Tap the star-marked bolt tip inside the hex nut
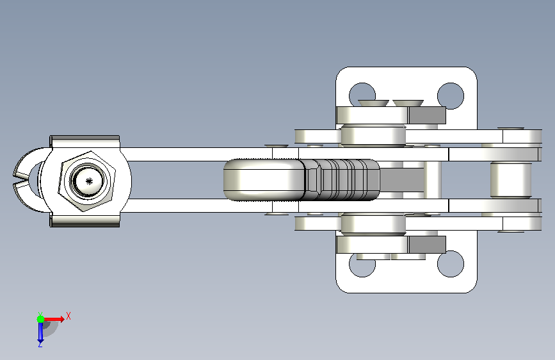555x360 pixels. (88, 181)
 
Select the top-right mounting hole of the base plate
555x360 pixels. (451, 95)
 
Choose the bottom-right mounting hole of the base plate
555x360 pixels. (451, 264)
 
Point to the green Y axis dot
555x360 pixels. (40, 319)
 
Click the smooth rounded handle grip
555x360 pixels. (264, 180)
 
